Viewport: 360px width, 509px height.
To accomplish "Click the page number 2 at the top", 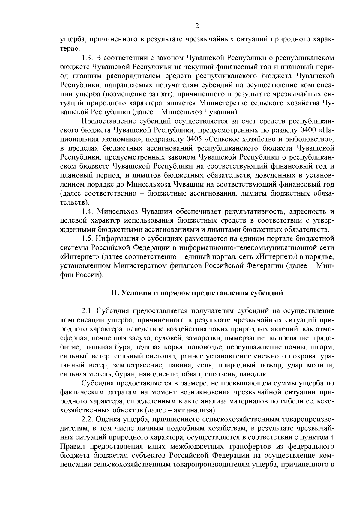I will [x=197, y=26].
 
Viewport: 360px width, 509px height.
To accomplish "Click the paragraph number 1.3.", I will [x=88, y=57].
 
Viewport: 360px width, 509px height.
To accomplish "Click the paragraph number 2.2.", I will [x=88, y=418].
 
